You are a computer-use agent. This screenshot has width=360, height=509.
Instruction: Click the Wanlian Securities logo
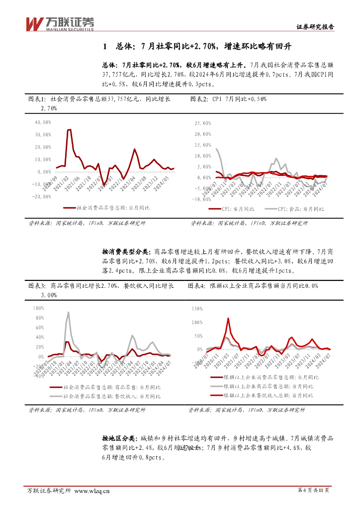point(60,23)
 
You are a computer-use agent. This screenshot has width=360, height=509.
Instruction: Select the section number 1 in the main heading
point(105,47)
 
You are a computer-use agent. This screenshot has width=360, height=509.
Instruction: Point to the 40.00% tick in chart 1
point(43,122)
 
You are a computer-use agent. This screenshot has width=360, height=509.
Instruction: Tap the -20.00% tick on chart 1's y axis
point(41,196)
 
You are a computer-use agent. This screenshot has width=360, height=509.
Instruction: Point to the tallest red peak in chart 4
point(228,319)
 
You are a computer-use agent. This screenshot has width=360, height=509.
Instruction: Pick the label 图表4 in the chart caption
point(197,286)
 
